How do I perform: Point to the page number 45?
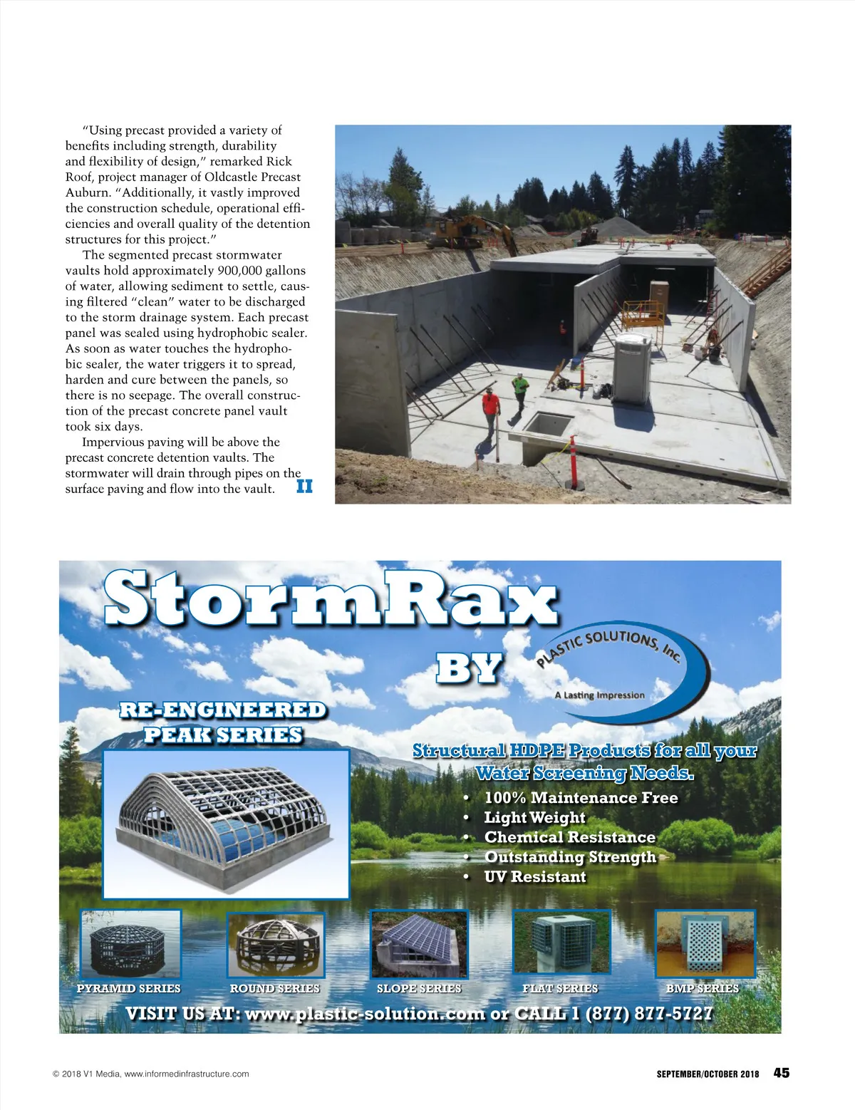(x=782, y=1073)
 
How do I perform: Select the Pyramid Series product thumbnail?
(x=130, y=945)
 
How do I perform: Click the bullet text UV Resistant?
(x=534, y=877)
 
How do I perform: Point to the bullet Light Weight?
(x=534, y=818)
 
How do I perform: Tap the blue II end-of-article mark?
(x=304, y=487)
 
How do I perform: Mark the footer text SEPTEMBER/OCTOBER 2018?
(x=708, y=1074)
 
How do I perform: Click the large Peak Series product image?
(x=226, y=823)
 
